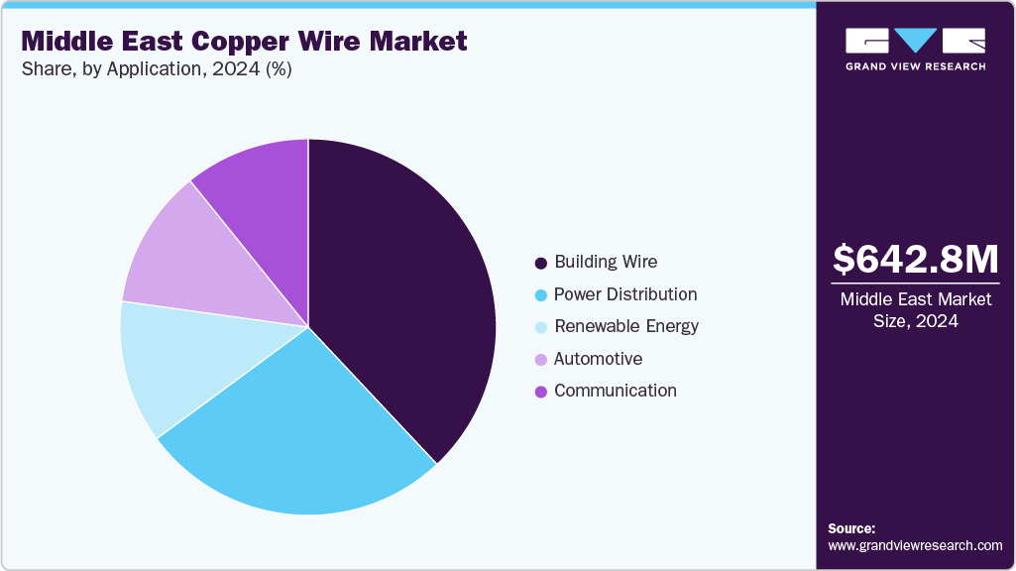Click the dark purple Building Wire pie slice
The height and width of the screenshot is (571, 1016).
[x=406, y=297]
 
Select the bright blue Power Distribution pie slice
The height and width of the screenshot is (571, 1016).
[x=297, y=436]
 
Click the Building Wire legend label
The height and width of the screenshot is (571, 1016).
[x=606, y=263]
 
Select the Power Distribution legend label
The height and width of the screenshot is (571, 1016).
[x=625, y=294]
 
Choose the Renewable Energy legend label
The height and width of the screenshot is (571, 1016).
[x=626, y=326]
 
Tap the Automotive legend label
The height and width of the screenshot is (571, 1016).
[x=598, y=359]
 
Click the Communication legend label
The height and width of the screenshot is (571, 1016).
[x=616, y=391]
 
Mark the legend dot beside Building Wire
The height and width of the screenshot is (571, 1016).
[x=540, y=264]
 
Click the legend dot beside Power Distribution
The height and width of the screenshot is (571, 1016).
[x=540, y=295]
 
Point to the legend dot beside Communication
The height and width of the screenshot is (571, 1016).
[x=540, y=392]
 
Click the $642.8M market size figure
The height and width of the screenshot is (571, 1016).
[x=915, y=260]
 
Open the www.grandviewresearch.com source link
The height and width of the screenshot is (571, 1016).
[x=915, y=545]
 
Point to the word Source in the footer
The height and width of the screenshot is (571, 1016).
[x=850, y=528]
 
